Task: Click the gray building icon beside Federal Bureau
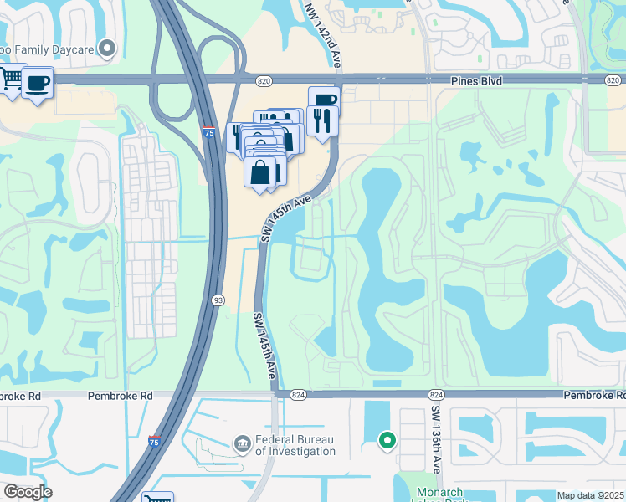[242, 442]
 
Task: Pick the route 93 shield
[218, 300]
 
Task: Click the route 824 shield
[300, 394]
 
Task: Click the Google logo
[27, 491]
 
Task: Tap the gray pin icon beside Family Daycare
[106, 49]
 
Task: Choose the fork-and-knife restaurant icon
[321, 120]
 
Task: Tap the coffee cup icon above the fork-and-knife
[324, 100]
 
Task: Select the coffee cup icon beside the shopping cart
[38, 83]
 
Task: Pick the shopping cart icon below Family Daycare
[11, 79]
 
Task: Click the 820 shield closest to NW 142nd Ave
[264, 80]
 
